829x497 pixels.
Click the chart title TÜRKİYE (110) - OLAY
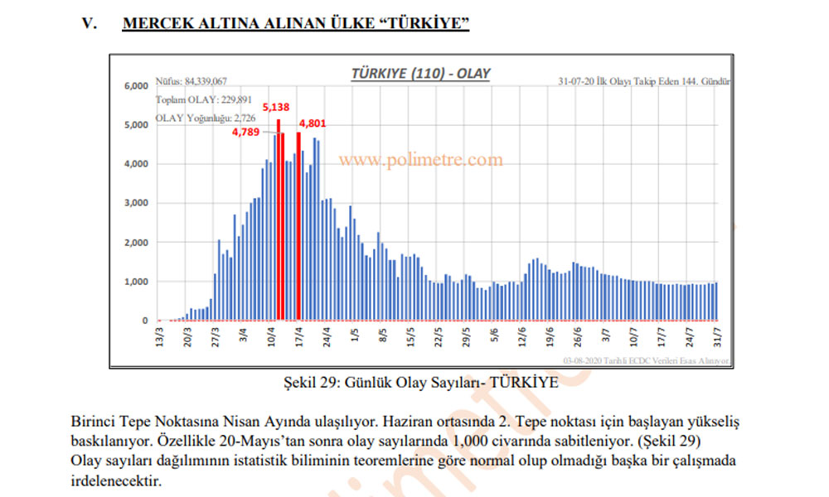point(420,73)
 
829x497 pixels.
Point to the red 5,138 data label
point(276,108)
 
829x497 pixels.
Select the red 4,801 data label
point(314,123)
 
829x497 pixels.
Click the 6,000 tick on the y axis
point(136,85)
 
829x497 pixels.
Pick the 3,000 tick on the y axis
point(136,203)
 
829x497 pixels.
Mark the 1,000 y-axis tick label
point(136,282)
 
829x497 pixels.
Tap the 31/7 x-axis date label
point(717,339)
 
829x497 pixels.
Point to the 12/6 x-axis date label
point(522,339)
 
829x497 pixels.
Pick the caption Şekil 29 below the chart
point(419,384)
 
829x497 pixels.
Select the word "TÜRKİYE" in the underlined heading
point(424,22)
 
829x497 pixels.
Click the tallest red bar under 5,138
point(279,220)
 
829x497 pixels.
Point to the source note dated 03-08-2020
point(645,361)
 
